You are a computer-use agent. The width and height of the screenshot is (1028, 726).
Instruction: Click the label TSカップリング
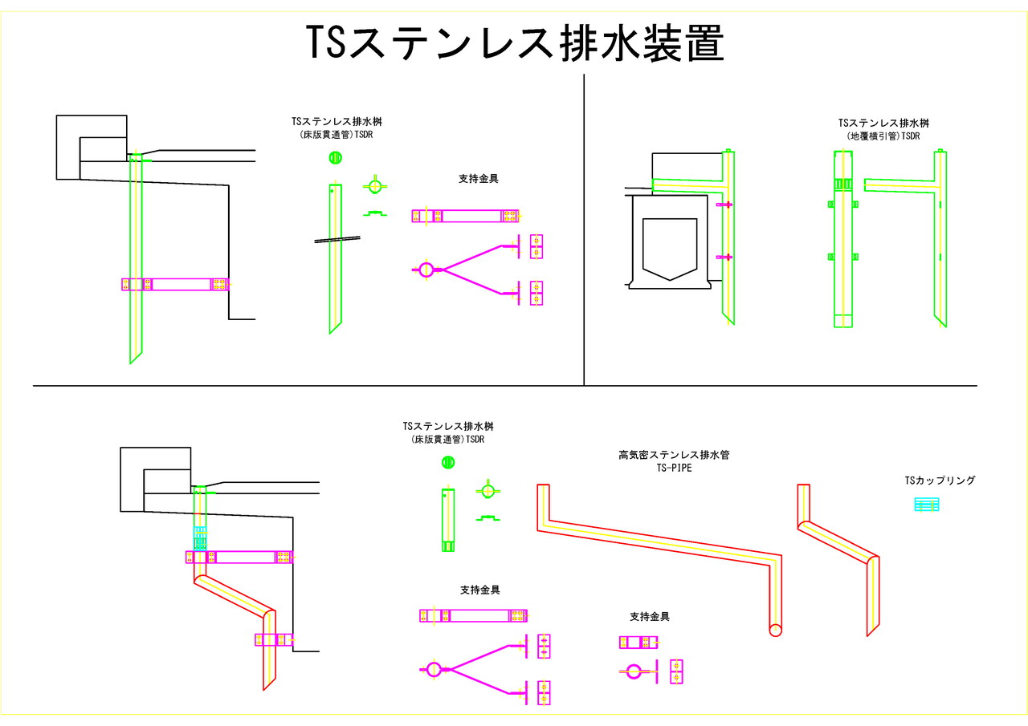pyautogui.click(x=940, y=481)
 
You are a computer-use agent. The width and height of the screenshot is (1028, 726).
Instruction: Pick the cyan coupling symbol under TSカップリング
pyautogui.click(x=927, y=505)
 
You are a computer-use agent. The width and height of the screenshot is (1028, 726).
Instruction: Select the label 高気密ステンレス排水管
pyautogui.click(x=674, y=455)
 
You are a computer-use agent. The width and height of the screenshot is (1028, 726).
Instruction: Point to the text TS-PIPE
pyautogui.click(x=674, y=467)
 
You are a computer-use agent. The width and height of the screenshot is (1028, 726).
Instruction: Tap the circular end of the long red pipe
pyautogui.click(x=775, y=630)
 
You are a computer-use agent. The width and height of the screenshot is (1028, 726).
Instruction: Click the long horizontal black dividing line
pyautogui.click(x=504, y=386)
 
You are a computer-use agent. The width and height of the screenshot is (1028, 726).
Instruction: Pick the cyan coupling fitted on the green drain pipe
pyautogui.click(x=200, y=537)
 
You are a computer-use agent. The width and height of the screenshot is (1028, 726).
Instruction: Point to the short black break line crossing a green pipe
pyautogui.click(x=337, y=238)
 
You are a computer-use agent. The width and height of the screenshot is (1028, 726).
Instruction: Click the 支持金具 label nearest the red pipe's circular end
pyautogui.click(x=650, y=617)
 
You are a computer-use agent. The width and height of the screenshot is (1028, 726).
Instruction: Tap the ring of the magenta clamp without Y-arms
pyautogui.click(x=634, y=671)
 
